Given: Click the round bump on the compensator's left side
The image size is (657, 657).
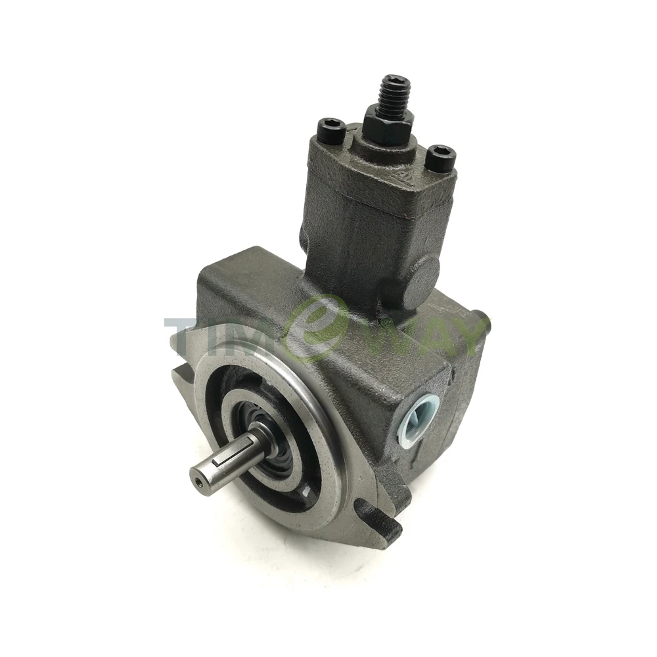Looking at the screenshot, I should point(303,237).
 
